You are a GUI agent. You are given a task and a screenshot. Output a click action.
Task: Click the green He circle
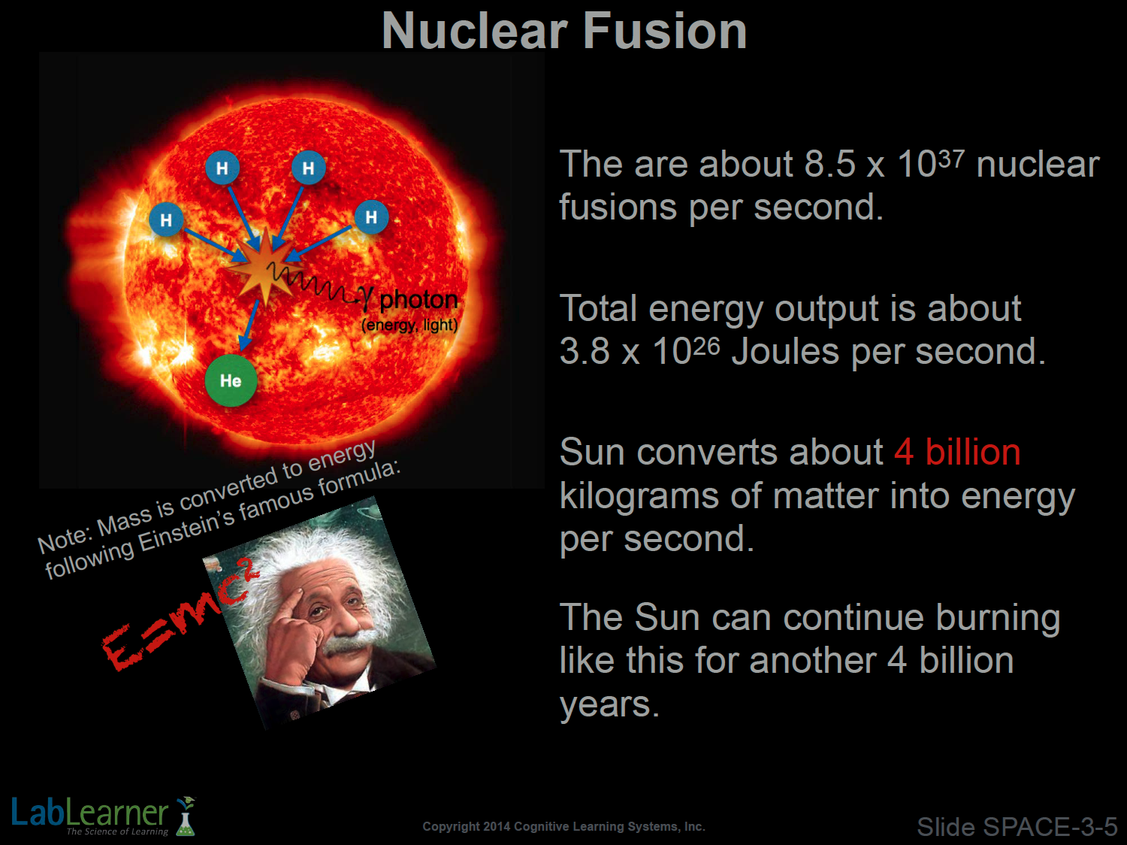point(231,380)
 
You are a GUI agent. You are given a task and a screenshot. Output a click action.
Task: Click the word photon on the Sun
point(418,300)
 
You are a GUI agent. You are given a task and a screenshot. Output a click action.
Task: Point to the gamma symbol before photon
point(365,298)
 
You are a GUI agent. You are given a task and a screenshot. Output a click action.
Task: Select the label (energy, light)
point(409,326)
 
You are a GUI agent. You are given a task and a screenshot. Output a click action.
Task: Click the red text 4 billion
point(957,453)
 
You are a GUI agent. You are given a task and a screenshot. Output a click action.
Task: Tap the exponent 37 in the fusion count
point(951,159)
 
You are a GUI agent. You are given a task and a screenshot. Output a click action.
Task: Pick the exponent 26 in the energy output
point(706,347)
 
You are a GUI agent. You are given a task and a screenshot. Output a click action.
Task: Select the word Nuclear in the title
point(475,32)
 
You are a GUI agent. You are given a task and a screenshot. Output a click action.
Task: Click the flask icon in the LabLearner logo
point(186,816)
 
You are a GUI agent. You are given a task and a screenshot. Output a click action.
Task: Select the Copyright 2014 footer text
point(563,826)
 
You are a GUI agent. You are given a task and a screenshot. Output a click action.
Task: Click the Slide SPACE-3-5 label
point(1017,827)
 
